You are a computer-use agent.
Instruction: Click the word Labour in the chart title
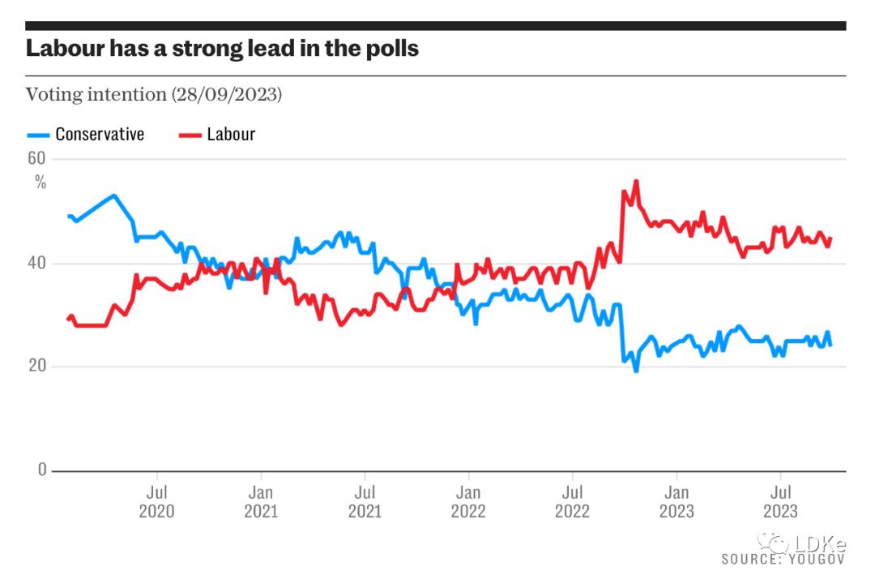(x=66, y=48)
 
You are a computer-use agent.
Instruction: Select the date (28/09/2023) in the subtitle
(x=226, y=94)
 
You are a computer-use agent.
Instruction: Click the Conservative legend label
(x=100, y=134)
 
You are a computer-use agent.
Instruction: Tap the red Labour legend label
(x=231, y=134)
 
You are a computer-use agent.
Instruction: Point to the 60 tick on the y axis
(x=37, y=158)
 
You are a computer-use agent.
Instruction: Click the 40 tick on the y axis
(x=37, y=264)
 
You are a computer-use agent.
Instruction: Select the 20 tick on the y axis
(x=37, y=367)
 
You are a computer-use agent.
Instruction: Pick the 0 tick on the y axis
(x=42, y=470)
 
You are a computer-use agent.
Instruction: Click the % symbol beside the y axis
(x=41, y=182)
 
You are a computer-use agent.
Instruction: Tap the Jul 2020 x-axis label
(x=156, y=501)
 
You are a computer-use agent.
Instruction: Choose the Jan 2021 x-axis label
(x=260, y=501)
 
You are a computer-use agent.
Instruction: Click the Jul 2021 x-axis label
(x=365, y=501)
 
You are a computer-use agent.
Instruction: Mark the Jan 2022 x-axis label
(x=468, y=501)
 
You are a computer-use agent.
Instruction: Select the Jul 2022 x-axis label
(x=573, y=501)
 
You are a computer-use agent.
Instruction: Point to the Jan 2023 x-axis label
(x=677, y=501)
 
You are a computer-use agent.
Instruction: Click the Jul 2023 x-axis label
(x=780, y=501)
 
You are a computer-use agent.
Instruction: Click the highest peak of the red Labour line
(x=636, y=181)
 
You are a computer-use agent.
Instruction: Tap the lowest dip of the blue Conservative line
(x=636, y=371)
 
